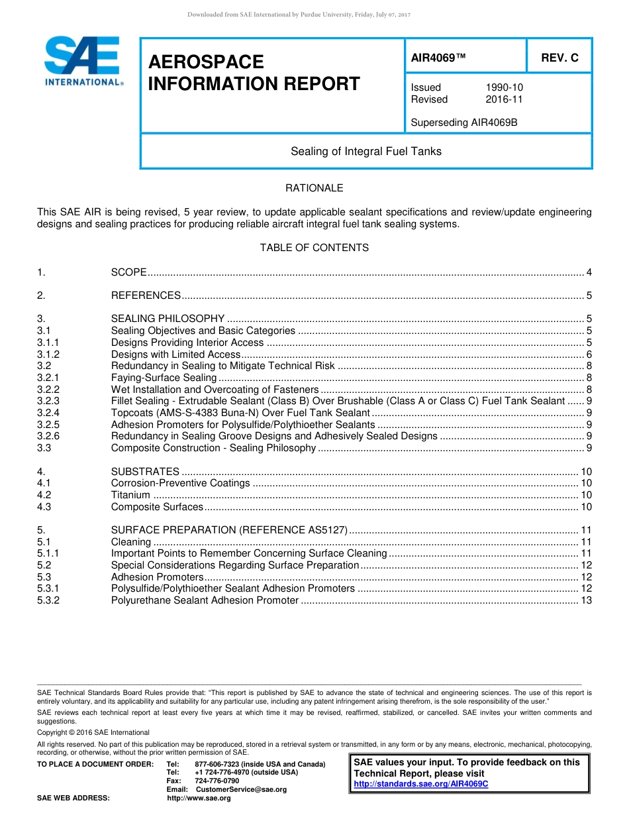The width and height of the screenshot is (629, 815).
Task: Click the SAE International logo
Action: [83, 61]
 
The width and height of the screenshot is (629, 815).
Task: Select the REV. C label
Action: [559, 58]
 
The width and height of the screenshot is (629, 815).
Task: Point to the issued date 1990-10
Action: [504, 87]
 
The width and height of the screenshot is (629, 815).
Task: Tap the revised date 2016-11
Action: [504, 99]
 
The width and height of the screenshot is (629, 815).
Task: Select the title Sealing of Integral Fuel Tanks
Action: [365, 151]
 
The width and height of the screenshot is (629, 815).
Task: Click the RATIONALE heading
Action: [314, 188]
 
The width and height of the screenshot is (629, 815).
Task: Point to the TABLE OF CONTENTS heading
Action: [314, 248]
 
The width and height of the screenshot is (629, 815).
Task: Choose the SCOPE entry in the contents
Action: [129, 272]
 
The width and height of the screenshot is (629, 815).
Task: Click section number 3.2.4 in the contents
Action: [48, 413]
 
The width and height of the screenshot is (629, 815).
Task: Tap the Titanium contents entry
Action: [130, 495]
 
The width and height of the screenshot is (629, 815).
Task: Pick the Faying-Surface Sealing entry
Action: [164, 378]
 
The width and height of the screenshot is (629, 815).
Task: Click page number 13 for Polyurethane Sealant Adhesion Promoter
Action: [586, 600]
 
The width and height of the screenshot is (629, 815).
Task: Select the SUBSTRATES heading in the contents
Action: [145, 472]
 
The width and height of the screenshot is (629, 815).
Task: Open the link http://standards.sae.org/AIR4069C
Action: [421, 784]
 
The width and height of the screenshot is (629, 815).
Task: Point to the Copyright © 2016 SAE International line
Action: [93, 732]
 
